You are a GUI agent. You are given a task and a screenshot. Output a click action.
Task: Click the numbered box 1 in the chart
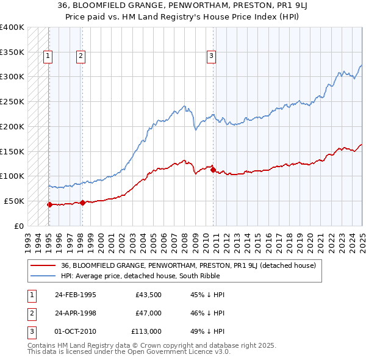point(48,57)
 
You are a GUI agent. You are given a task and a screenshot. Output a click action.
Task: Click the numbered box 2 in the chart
point(81,57)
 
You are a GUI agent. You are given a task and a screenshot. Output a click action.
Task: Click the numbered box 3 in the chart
point(211,57)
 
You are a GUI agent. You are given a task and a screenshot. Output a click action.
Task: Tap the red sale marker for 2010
point(213,170)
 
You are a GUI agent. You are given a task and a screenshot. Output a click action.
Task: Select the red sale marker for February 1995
point(49,204)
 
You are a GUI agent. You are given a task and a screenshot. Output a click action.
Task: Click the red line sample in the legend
point(43,265)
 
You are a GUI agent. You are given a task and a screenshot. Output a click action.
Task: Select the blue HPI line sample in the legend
point(43,276)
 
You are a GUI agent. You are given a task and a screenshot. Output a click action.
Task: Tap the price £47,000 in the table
point(148,313)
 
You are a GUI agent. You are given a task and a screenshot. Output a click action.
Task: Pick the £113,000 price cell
point(146,331)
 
